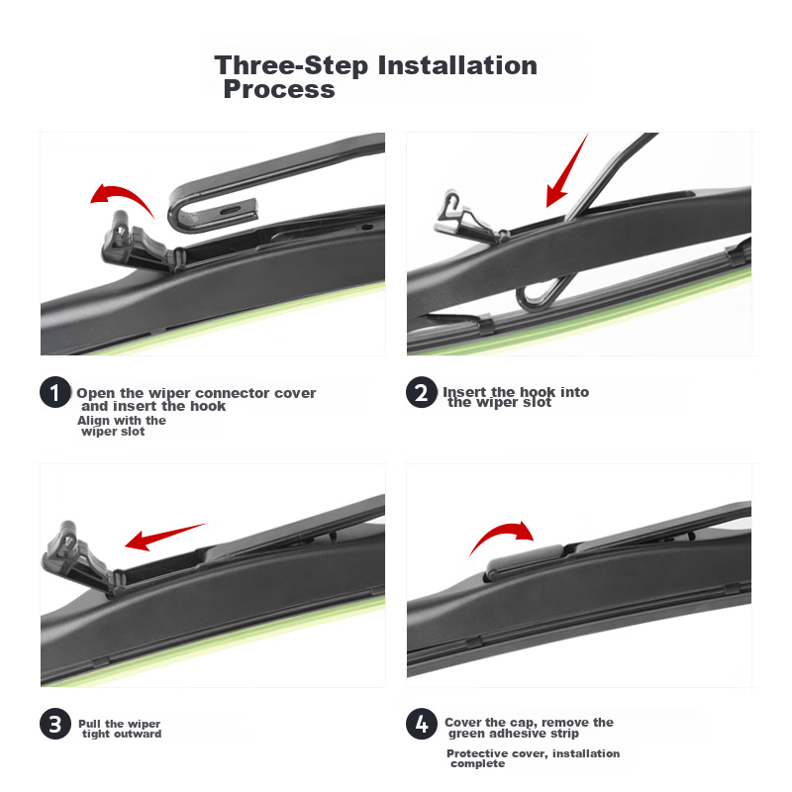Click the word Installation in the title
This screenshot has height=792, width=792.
pos(457,65)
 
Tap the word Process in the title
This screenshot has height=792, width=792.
pos(279,89)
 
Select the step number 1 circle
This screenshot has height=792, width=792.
pos(55,392)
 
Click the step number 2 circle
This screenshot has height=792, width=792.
pos(422,392)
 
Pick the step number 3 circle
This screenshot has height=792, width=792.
pos(55,724)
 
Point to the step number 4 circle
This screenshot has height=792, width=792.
pos(422,724)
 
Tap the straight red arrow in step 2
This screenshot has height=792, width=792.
pos(566,171)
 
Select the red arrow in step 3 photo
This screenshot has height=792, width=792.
pos(164,537)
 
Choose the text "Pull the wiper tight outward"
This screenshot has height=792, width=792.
pos(120,729)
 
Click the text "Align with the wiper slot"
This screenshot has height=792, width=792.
pos(121,426)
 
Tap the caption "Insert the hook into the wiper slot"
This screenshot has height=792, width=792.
pos(516,397)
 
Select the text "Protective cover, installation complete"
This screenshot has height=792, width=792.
pos(533,757)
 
